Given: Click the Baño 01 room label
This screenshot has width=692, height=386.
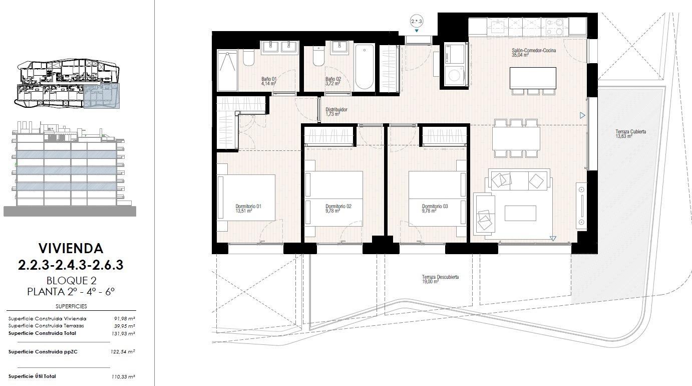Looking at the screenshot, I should (269, 79).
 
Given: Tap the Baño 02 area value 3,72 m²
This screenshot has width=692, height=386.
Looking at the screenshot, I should (333, 84).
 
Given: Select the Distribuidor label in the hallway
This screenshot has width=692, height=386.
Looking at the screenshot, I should (336, 109).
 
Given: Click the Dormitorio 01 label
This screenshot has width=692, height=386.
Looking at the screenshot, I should (248, 206).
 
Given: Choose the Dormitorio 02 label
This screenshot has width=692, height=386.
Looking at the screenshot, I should (338, 206).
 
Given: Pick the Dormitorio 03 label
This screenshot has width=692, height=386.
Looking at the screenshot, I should (435, 206).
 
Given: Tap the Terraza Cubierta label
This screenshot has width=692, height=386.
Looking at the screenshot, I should (630, 132).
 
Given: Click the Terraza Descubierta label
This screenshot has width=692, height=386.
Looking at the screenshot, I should (440, 277).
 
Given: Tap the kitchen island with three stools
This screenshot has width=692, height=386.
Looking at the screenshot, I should (533, 78).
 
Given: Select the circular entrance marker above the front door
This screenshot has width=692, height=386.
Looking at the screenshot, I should (417, 21).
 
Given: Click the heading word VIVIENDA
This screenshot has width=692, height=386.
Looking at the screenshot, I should (71, 248).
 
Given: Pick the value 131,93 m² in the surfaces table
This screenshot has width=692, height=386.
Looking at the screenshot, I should (123, 333).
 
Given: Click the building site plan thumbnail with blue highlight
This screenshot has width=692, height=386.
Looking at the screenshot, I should (68, 85).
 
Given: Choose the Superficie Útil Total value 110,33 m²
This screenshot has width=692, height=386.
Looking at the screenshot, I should (123, 376).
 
